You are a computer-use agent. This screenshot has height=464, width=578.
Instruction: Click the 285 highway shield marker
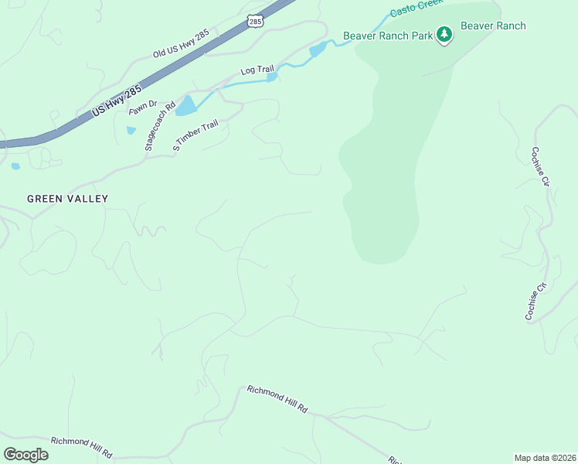[257, 21]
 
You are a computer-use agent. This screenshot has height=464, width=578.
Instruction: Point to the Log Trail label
[257, 70]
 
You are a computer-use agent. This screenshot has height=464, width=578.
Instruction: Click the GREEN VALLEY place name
[68, 199]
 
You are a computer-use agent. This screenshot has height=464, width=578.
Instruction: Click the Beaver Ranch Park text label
[387, 35]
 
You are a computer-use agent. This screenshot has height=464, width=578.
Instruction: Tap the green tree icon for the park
[444, 34]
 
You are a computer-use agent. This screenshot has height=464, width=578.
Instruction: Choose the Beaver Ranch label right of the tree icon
[493, 26]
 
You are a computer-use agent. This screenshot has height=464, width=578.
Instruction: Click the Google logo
[25, 455]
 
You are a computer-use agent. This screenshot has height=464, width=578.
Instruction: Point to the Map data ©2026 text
[545, 457]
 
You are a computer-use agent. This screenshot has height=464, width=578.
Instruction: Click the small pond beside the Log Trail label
[272, 77]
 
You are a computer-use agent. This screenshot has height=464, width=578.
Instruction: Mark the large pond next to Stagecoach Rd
[185, 107]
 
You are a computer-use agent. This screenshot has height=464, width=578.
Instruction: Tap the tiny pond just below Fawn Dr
[131, 131]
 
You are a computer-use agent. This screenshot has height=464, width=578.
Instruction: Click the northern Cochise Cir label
[540, 167]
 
